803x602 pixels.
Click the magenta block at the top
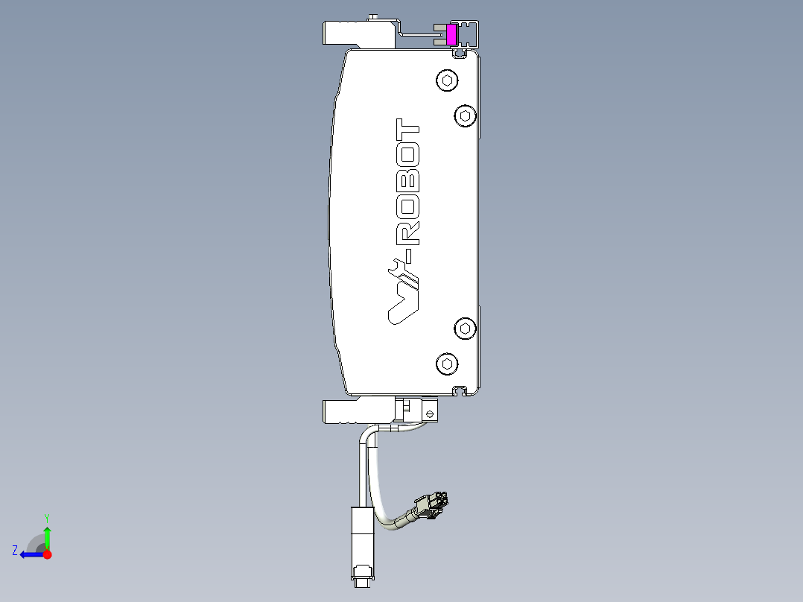(451, 34)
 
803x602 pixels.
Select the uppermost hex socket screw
(447, 80)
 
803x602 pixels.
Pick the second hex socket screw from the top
(465, 115)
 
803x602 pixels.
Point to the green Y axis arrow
(47, 535)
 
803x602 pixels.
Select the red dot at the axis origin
(47, 554)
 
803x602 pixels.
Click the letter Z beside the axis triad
(15, 551)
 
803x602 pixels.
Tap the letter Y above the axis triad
(47, 517)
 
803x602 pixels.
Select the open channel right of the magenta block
(469, 34)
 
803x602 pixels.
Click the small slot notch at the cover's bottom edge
(461, 390)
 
